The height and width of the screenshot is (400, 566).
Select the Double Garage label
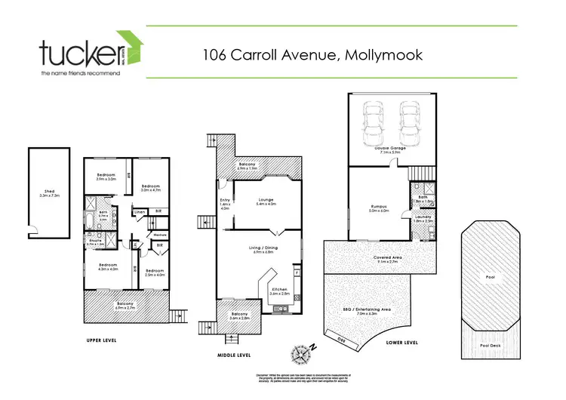pos(390,148)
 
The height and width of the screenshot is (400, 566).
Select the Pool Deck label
pos(490,345)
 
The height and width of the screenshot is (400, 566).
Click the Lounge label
pos(266,201)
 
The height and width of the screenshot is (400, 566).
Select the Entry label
pos(224,200)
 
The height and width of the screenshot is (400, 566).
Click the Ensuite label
pos(94,242)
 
